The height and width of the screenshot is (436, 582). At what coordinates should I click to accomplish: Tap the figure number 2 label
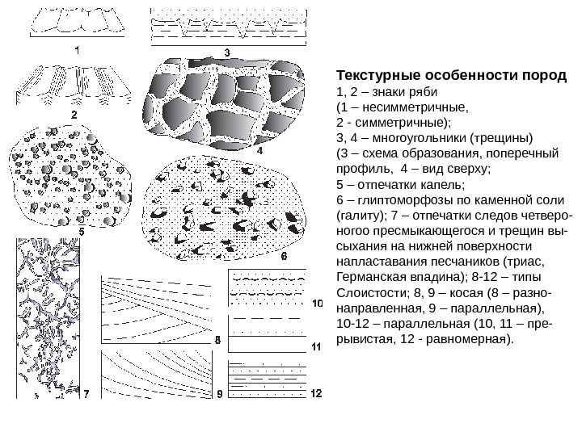click(x=74, y=115)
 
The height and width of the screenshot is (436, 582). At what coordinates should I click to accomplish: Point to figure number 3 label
click(x=228, y=52)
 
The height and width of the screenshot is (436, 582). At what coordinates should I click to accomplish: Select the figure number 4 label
click(x=259, y=149)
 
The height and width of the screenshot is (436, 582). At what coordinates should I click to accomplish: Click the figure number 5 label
click(x=81, y=230)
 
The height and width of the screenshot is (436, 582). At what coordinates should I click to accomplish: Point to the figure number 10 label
click(x=316, y=304)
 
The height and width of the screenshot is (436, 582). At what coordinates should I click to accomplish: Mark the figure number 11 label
click(x=316, y=347)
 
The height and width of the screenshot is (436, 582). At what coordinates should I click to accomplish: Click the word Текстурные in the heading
click(x=377, y=77)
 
